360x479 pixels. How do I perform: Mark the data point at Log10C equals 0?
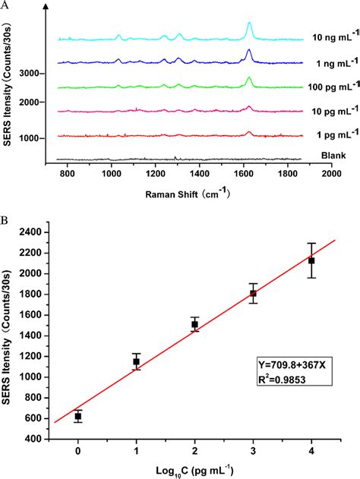(78, 416)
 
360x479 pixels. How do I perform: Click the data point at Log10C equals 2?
(195, 324)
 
